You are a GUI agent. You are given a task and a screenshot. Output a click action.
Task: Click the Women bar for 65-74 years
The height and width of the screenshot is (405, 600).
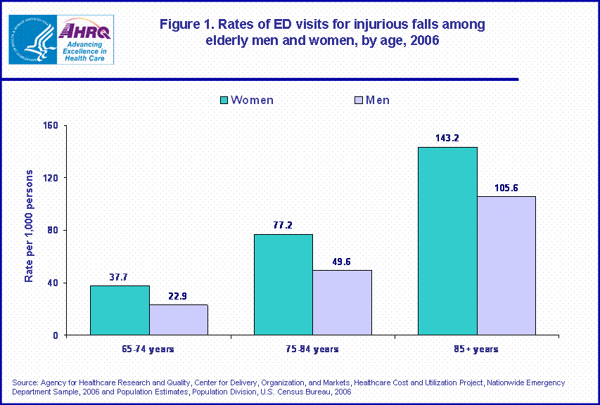[x=120, y=310]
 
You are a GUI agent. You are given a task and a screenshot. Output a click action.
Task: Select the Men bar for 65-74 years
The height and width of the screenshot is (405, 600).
[x=178, y=320]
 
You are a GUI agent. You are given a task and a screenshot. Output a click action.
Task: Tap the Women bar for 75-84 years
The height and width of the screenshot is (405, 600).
[x=283, y=285]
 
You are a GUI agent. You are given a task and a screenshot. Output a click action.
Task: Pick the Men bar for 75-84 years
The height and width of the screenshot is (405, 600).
[x=342, y=302]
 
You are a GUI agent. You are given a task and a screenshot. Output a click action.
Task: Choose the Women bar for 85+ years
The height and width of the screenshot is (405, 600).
[x=447, y=241]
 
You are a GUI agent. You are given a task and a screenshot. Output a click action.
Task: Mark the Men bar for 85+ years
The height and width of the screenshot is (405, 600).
[x=506, y=266]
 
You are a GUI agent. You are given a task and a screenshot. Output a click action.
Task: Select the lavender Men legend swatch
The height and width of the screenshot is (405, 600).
[x=359, y=101]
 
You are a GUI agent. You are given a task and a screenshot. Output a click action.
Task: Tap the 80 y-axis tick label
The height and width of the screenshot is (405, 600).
[x=53, y=231]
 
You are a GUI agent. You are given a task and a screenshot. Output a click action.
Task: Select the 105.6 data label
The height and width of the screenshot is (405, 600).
[x=506, y=187]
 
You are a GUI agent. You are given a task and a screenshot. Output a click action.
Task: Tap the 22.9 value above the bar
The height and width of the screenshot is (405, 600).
[x=178, y=295]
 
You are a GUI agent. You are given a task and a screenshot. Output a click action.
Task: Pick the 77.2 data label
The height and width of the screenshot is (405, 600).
[x=283, y=225]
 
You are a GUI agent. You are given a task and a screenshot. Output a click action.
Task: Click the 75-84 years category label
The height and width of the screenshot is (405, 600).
[x=312, y=349]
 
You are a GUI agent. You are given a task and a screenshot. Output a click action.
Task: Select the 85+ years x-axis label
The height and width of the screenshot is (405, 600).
[x=476, y=349]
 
